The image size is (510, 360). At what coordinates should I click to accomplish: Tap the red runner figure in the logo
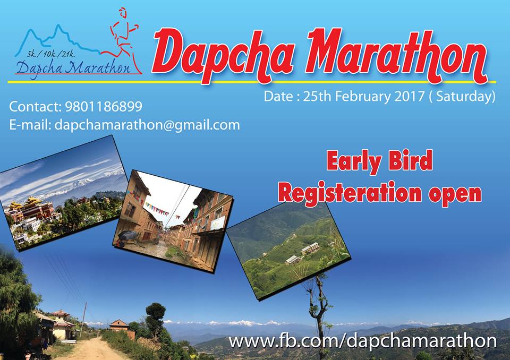(x=122, y=41)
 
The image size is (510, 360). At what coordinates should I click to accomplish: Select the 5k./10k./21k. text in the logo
(x=51, y=54)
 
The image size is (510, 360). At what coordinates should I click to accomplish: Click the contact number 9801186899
(x=104, y=107)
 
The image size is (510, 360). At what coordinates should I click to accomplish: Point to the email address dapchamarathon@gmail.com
(x=147, y=125)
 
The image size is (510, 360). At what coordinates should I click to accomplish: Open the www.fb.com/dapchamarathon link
(x=363, y=341)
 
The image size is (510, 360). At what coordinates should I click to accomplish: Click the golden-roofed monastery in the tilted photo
(x=31, y=211)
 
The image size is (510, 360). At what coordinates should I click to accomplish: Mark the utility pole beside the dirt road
(x=83, y=319)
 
